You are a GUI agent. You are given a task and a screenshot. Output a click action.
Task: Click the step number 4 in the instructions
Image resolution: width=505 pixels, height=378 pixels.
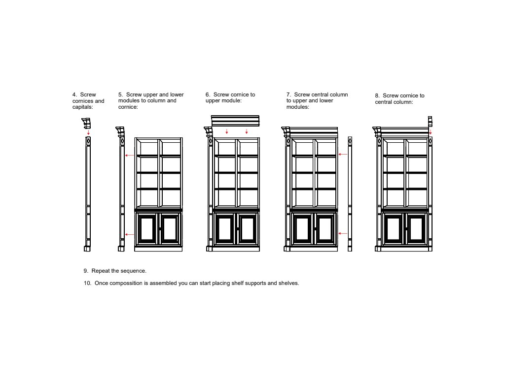coord(74,94)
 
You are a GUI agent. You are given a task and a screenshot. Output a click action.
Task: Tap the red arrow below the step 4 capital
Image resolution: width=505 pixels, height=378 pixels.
coord(88,132)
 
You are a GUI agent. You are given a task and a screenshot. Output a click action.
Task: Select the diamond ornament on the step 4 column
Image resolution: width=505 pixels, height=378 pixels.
coord(88,141)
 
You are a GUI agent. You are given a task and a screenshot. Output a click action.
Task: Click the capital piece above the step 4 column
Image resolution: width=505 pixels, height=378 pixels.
coord(87,123)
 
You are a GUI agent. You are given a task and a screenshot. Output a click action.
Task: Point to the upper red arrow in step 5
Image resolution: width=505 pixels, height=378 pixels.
coord(129,156)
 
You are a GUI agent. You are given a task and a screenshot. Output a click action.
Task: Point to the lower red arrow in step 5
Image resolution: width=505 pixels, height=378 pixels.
coord(129,235)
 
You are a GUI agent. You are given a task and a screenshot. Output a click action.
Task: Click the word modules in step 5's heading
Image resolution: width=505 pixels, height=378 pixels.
coord(129,100)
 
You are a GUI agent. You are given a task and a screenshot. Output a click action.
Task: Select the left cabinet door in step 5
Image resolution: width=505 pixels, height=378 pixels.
coord(147,228)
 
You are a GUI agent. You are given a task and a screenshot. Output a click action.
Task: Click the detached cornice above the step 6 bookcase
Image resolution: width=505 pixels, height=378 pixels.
coord(235,121)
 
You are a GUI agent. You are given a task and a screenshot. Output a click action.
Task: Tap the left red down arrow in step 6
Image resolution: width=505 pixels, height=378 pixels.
coord(226,131)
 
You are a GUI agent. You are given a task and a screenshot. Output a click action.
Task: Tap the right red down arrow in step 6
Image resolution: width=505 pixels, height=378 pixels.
coord(247,131)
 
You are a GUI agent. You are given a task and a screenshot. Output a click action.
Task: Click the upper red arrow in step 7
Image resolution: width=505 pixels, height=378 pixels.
coord(343,155)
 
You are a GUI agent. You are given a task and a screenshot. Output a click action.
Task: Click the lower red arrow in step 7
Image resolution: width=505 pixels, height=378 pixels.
coord(343,233)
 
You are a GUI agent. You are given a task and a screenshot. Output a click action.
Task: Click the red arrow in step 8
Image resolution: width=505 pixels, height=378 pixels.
coord(430,132)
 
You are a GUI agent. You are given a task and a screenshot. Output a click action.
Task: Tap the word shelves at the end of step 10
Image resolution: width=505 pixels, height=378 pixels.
coord(289,283)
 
